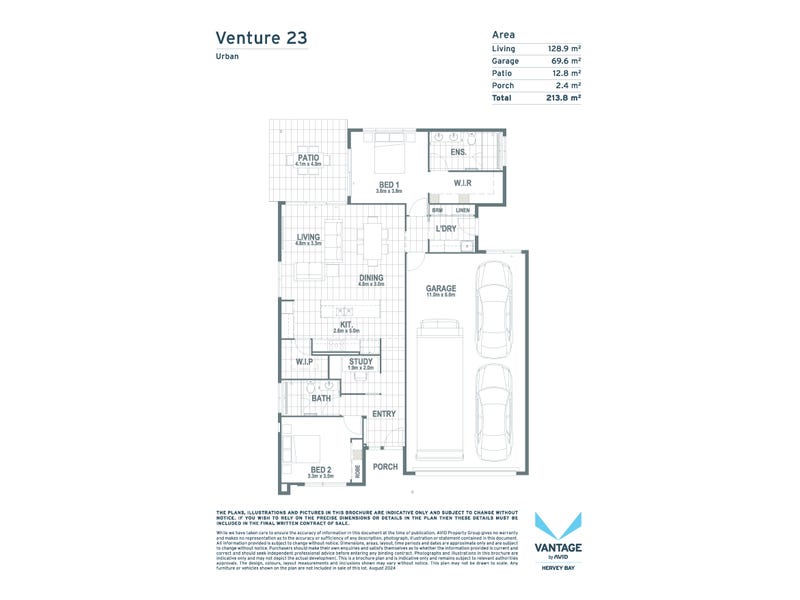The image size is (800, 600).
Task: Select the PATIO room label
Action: click(x=307, y=157)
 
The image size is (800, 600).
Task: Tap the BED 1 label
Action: click(x=389, y=183)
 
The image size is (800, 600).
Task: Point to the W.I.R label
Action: click(x=462, y=183)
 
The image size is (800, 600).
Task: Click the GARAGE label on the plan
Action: click(x=441, y=288)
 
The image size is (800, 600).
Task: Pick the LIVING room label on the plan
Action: click(x=307, y=237)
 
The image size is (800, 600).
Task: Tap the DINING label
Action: click(x=371, y=278)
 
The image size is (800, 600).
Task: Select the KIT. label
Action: click(x=345, y=324)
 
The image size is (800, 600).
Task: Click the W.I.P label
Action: click(x=304, y=361)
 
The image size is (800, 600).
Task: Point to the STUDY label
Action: click(x=360, y=362)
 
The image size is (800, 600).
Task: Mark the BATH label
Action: click(x=321, y=398)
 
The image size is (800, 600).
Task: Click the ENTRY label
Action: click(x=383, y=414)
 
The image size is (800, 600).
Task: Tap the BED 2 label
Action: click(x=320, y=469)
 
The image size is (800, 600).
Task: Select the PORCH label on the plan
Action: click(x=385, y=467)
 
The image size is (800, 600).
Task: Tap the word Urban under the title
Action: click(x=227, y=57)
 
